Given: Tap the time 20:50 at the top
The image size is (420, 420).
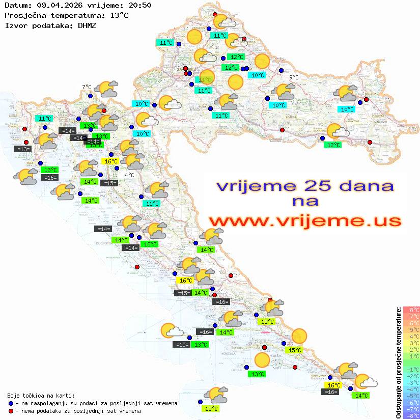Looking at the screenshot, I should (x=140, y=6).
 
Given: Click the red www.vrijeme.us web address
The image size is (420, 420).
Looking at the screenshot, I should (x=304, y=221).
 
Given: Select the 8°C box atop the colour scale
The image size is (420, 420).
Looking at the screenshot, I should (x=411, y=310).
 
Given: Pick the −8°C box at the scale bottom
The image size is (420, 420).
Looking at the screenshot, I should (x=411, y=415).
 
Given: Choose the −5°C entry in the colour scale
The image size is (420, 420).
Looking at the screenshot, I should (x=411, y=396).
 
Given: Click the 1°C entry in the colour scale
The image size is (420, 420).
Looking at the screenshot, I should (x=411, y=356).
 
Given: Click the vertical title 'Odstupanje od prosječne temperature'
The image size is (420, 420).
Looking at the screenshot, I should (x=399, y=362).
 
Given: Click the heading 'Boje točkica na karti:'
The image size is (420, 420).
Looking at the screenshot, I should (x=41, y=396).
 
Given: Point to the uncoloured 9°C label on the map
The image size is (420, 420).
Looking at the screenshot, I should (x=294, y=77).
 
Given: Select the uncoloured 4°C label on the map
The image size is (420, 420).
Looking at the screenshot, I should (x=129, y=175).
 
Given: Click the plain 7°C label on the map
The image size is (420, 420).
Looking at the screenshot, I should (x=87, y=87).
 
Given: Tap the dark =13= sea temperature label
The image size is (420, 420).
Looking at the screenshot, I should (x=23, y=149).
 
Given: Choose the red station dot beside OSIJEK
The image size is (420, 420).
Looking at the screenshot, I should (x=366, y=100).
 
